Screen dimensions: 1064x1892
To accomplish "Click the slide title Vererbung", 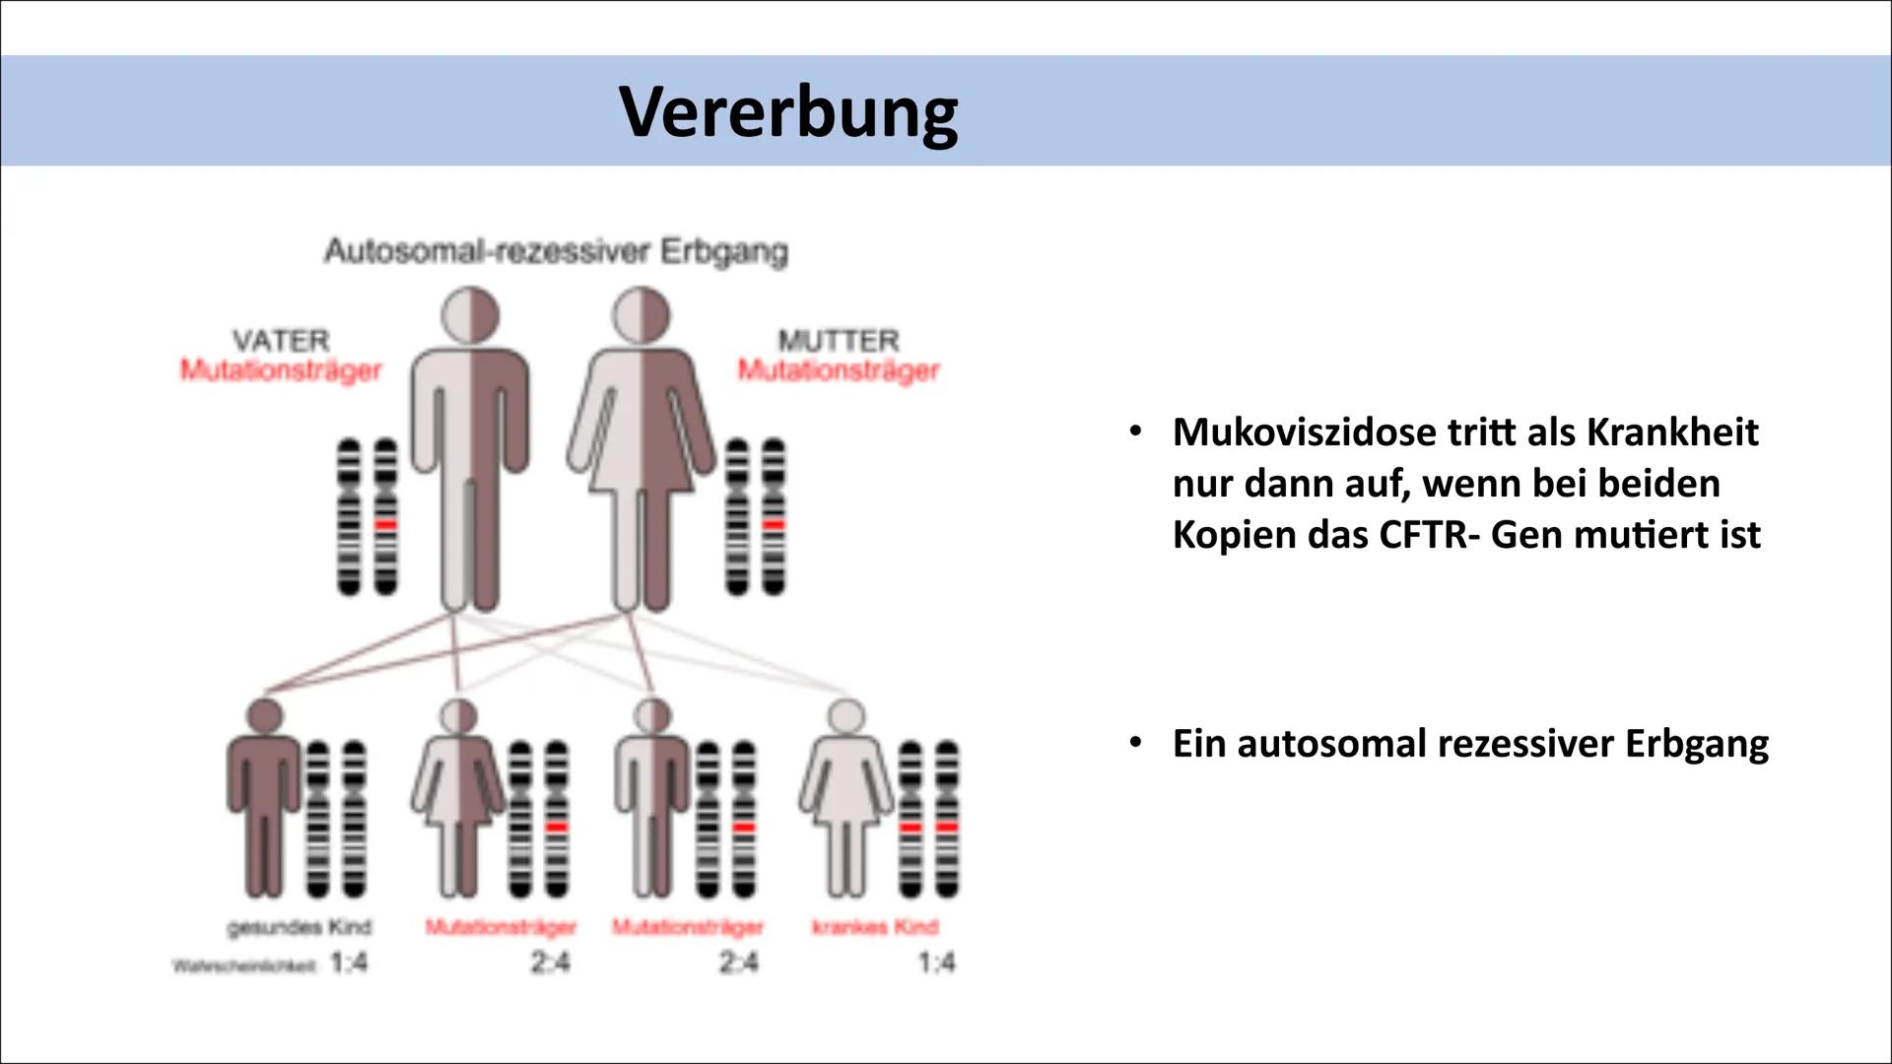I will click(788, 110).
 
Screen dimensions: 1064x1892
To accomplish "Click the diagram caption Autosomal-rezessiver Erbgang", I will click(557, 251).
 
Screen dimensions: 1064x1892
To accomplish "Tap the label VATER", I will click(281, 340).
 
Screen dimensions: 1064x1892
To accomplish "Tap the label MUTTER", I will click(839, 340).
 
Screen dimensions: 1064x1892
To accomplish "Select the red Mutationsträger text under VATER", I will click(281, 370).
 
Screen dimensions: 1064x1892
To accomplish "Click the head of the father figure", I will click(470, 316).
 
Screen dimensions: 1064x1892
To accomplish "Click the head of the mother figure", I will click(642, 316).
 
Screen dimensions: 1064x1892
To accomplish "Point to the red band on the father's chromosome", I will click(386, 525).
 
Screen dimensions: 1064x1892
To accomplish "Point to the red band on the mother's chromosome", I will click(775, 525).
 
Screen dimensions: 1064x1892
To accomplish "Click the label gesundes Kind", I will click(299, 927).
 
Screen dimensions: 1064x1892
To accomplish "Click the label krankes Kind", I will click(875, 927).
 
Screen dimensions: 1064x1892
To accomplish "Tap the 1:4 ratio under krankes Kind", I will click(936, 963).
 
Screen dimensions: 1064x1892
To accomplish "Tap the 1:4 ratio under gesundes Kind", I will click(349, 963).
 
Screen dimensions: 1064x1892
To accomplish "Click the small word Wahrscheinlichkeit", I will click(245, 966).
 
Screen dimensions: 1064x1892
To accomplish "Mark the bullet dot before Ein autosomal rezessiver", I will click(1136, 741).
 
